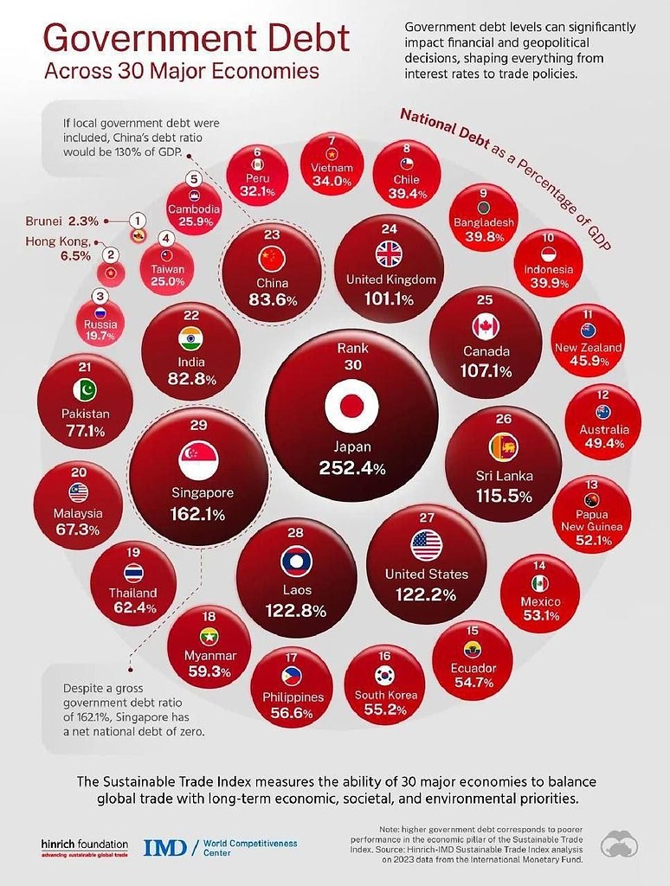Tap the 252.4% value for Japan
click(x=352, y=469)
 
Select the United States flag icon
click(x=427, y=545)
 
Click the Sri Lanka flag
click(x=504, y=446)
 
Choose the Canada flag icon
click(x=486, y=326)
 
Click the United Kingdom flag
click(x=391, y=254)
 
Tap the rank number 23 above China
click(x=273, y=233)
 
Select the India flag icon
click(x=190, y=338)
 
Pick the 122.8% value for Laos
click(x=297, y=611)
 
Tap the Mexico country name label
click(x=541, y=601)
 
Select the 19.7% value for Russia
click(x=100, y=336)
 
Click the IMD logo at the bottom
click(x=164, y=846)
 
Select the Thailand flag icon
click(x=133, y=573)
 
